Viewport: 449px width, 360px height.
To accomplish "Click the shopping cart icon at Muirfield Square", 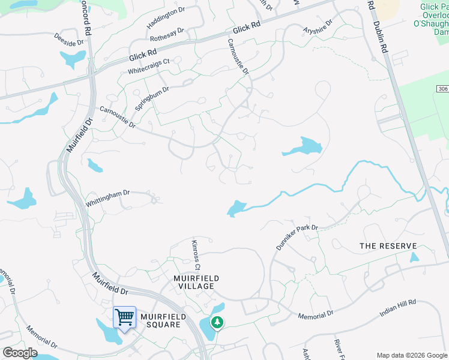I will click(x=124, y=316).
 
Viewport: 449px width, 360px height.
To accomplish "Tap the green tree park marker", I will click(x=216, y=322).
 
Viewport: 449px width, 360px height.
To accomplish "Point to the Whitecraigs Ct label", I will click(x=149, y=67).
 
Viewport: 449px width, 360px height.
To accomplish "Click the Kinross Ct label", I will click(x=195, y=255).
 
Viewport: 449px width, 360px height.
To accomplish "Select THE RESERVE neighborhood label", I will click(x=388, y=246).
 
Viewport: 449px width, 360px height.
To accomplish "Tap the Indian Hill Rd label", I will click(x=397, y=309).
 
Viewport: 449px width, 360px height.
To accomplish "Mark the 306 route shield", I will click(x=442, y=89).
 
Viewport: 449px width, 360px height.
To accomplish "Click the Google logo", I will click(x=20, y=353).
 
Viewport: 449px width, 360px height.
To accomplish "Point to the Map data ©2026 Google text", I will click(x=412, y=355).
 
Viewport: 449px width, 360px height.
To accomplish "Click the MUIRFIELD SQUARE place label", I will click(x=160, y=320).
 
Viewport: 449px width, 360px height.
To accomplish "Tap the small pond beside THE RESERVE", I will click(x=414, y=257).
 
